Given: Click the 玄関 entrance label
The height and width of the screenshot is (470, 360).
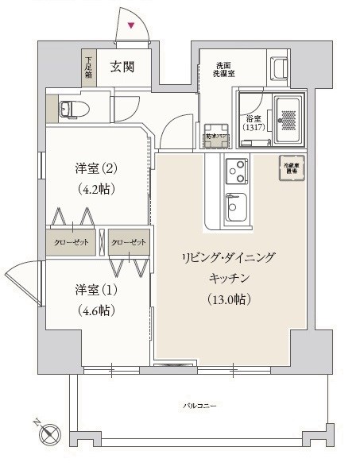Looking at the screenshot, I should point(122,67).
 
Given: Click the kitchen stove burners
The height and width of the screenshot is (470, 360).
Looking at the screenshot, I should point(237,168).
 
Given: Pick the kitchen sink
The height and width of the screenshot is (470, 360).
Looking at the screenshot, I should point(236,208).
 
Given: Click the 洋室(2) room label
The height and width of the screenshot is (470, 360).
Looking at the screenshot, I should point(97,168).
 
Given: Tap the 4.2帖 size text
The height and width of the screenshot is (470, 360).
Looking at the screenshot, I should point(97,190).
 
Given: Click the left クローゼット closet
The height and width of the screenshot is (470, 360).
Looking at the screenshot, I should point(72,242).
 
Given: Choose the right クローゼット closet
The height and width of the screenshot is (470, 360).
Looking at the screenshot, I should point(129,242).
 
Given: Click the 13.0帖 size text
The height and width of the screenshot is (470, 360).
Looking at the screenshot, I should point(228,299).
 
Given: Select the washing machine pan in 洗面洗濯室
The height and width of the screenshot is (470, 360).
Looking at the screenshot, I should point(217,135).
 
